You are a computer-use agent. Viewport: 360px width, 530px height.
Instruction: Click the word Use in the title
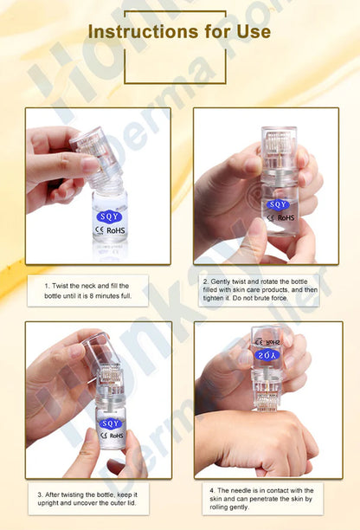[x=251, y=33]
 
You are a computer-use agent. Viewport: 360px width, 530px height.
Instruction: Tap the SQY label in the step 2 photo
[x=278, y=204]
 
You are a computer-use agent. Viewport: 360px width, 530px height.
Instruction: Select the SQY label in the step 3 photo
[x=110, y=423]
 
